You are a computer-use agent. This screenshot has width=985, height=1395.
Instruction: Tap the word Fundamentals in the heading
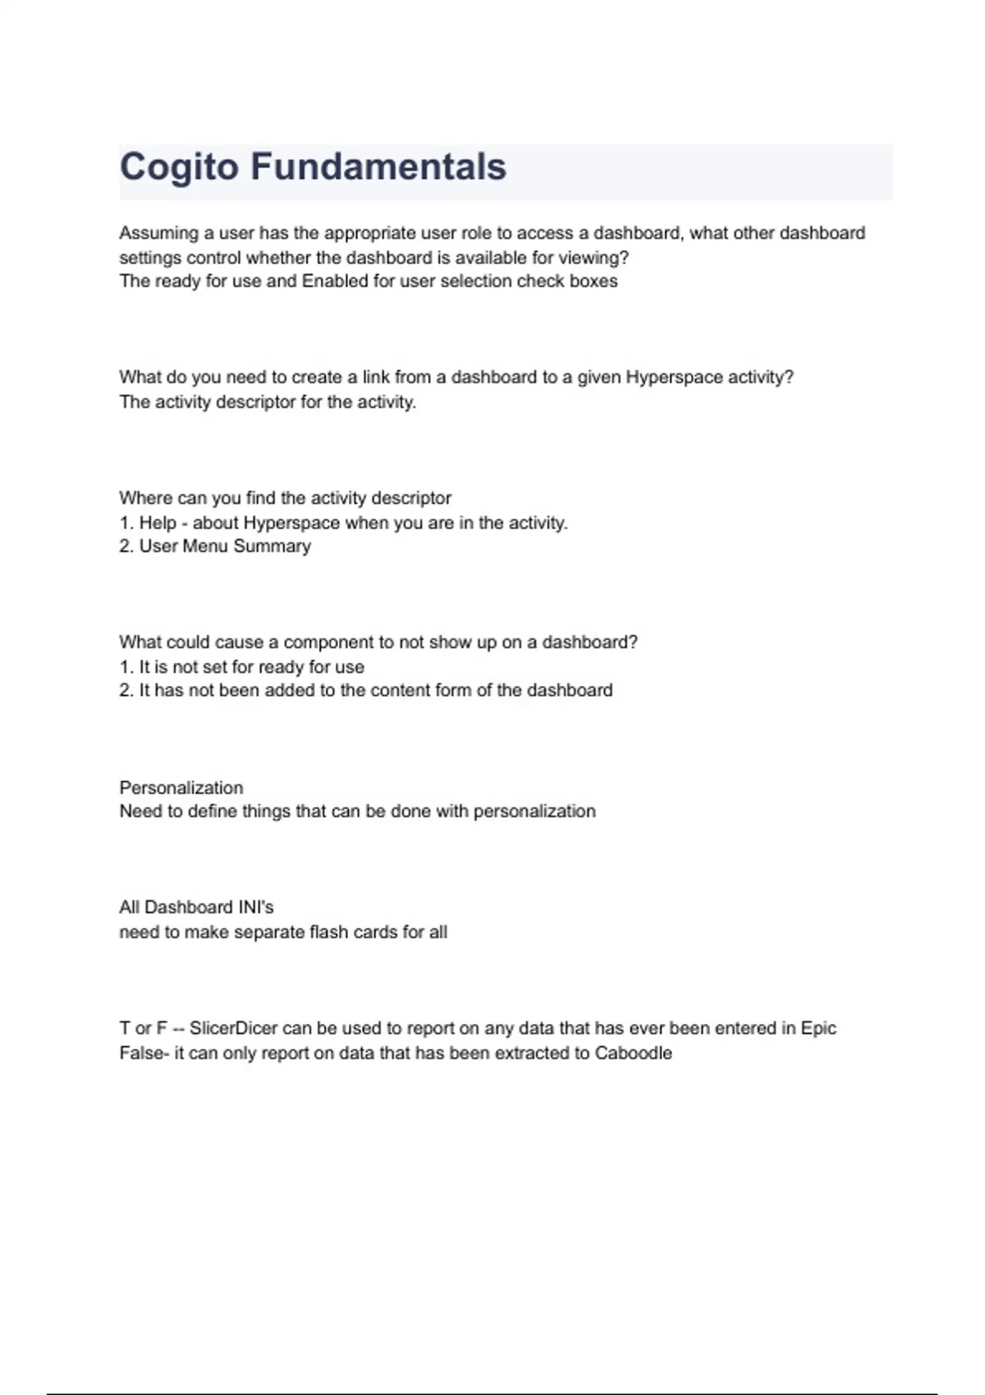378,167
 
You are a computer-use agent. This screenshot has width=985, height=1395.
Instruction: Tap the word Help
158,523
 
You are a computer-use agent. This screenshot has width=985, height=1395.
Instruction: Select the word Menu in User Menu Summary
205,547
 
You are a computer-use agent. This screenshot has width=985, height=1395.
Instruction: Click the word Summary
272,547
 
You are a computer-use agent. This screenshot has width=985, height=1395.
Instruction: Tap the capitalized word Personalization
181,788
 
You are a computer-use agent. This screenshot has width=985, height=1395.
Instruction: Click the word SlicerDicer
233,1028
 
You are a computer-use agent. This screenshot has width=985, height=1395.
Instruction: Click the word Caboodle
633,1053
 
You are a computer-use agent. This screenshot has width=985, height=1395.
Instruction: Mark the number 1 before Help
126,523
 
